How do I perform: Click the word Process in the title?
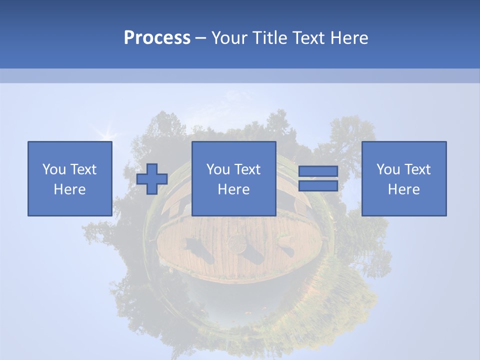click(157, 37)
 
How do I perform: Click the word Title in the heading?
click(270, 37)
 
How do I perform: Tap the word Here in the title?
click(348, 37)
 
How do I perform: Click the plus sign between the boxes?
click(152, 179)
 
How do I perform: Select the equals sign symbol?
click(318, 178)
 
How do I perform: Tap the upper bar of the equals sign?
click(318, 171)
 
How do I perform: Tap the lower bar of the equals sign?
click(318, 186)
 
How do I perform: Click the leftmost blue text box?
click(69, 178)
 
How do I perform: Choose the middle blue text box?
click(233, 178)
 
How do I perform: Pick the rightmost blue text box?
click(403, 178)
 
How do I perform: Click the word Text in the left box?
click(83, 169)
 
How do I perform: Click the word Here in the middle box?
click(233, 189)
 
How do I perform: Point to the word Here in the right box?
click(403, 189)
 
